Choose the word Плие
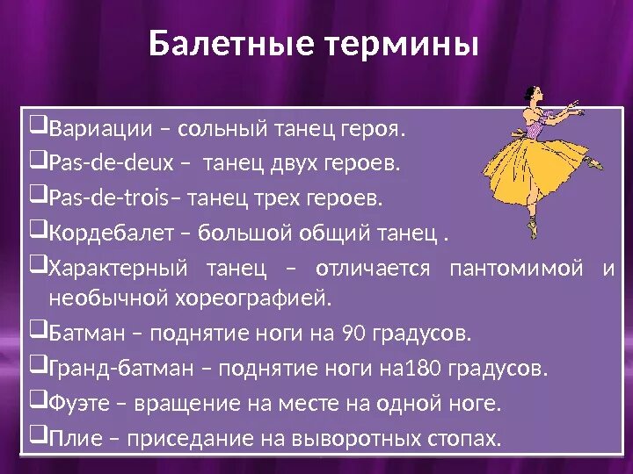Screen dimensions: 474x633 click(x=70, y=437)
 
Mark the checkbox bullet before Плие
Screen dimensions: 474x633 click(x=39, y=436)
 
